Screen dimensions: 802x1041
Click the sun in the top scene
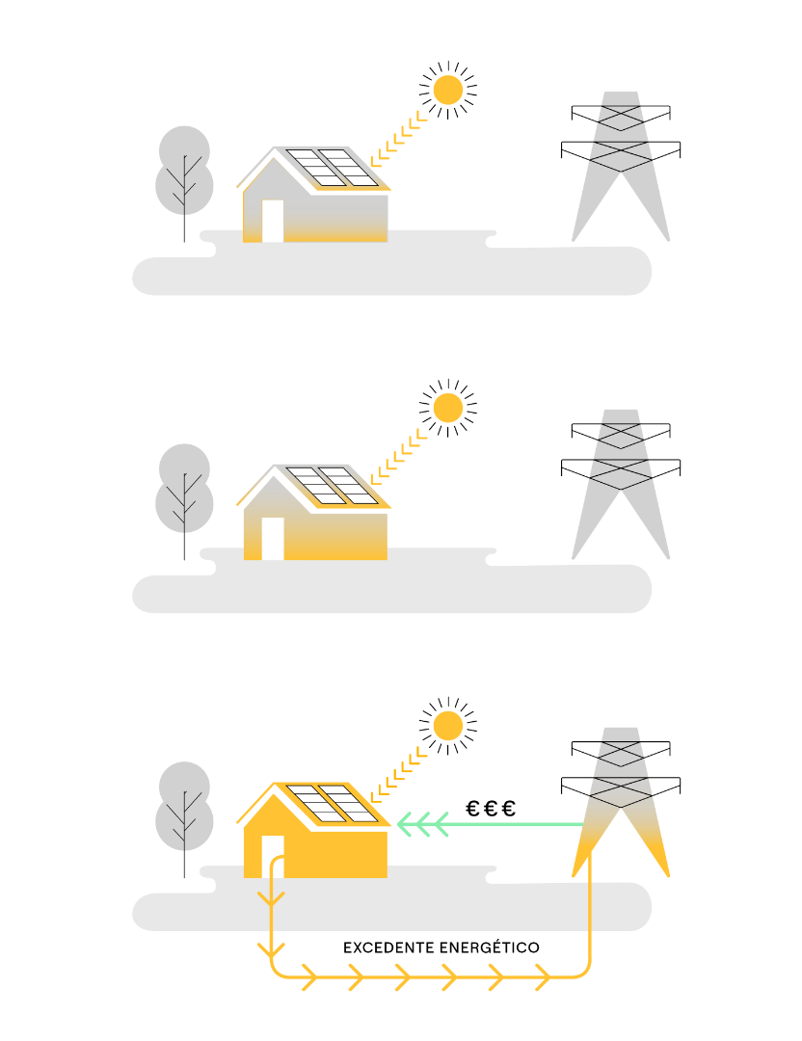click(447, 90)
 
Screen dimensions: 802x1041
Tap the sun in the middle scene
click(447, 408)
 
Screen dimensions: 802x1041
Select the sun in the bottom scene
click(447, 726)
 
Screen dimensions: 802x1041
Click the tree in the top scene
click(184, 179)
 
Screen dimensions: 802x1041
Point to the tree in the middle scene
click(184, 497)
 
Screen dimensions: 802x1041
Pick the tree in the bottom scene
click(184, 815)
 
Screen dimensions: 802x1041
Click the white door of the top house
click(273, 221)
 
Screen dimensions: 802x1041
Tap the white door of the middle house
click(273, 539)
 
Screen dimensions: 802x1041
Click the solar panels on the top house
click(332, 168)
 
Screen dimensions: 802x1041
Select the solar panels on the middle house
click(332, 485)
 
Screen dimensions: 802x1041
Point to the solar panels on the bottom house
click(332, 803)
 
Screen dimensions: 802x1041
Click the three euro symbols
click(491, 809)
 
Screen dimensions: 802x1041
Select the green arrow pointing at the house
click(490, 824)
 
